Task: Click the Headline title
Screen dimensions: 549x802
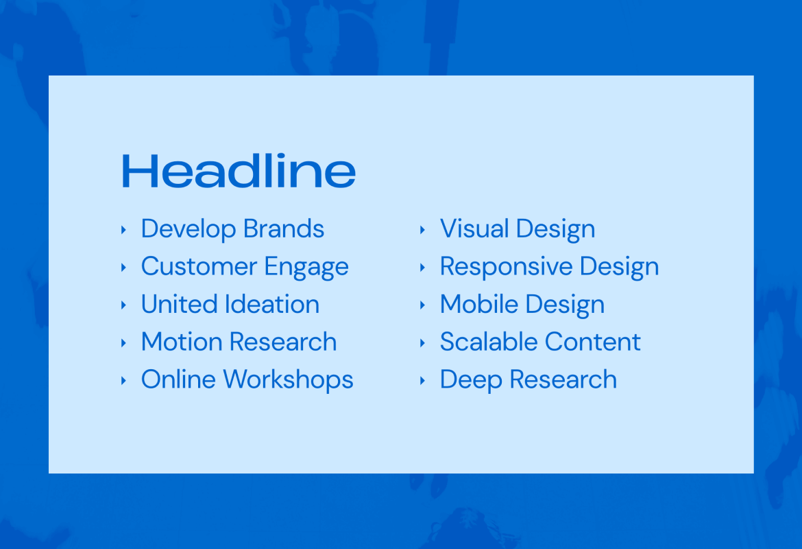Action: click(x=239, y=171)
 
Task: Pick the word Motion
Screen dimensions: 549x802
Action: click(x=181, y=342)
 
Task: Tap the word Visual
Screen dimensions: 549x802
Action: click(x=474, y=229)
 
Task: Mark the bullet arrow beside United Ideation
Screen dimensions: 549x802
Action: click(x=123, y=305)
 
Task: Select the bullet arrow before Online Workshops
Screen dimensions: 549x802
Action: click(x=123, y=379)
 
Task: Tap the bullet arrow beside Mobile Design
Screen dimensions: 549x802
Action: click(x=422, y=305)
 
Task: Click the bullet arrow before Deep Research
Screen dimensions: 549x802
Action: click(x=422, y=379)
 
